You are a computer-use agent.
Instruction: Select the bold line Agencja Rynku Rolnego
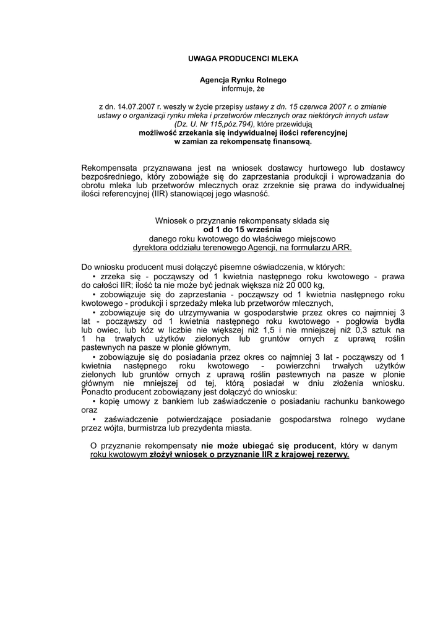click(x=243, y=80)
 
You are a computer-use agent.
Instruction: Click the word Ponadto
click(x=97, y=393)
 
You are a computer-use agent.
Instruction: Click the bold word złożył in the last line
click(x=162, y=454)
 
